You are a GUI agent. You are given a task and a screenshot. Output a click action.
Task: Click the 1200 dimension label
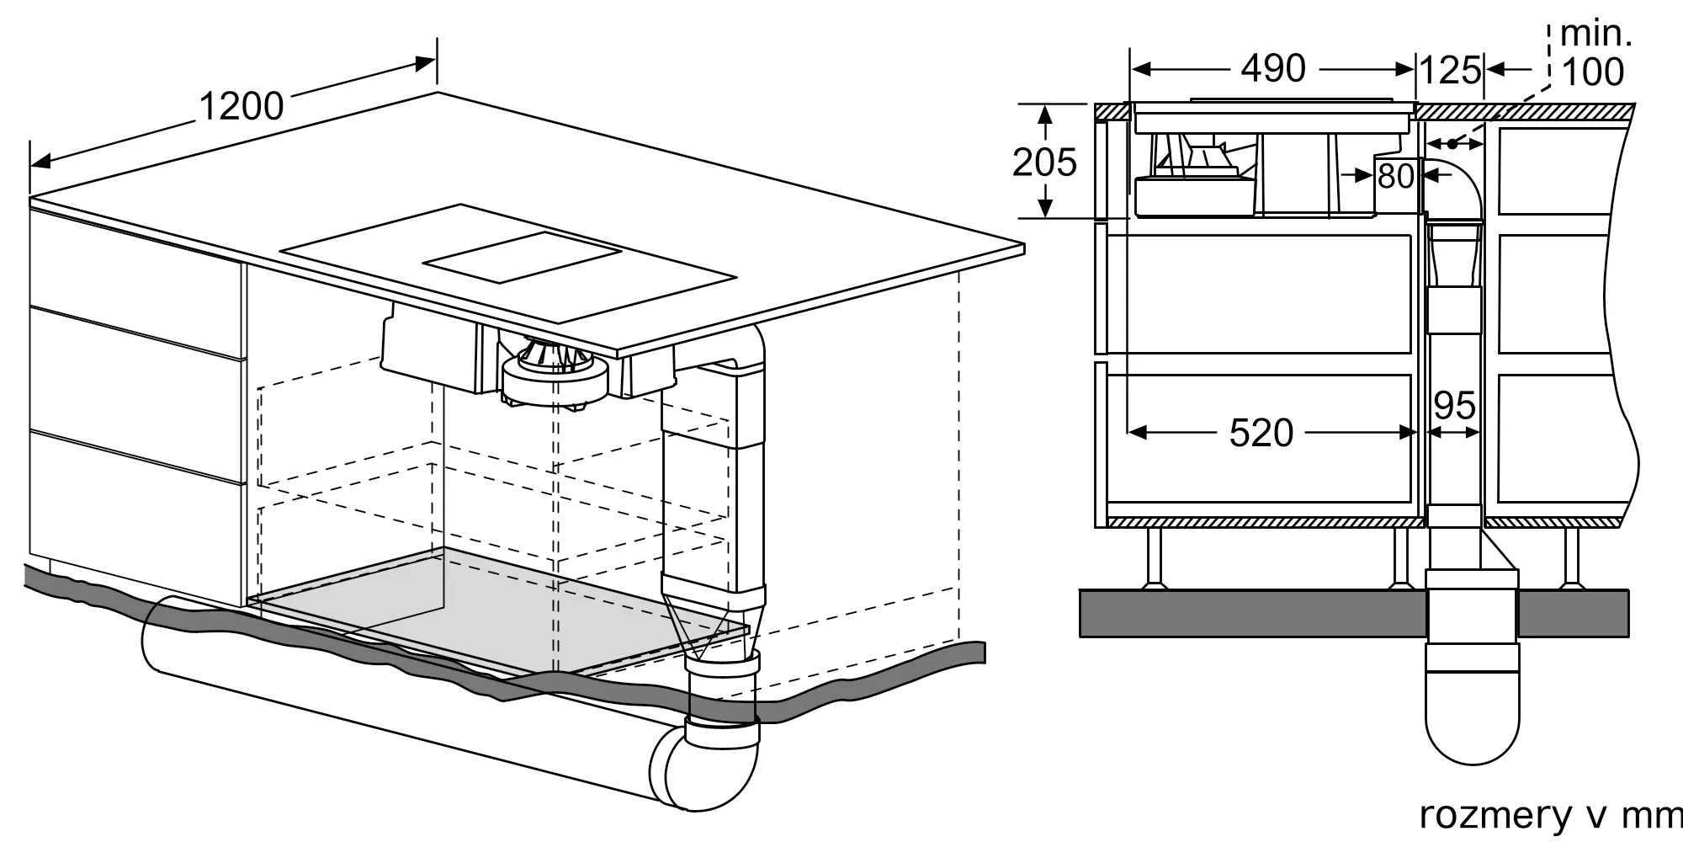pos(242,107)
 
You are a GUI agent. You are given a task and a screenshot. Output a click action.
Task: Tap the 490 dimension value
pos(1273,68)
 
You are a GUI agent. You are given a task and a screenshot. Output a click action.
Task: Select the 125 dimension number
pos(1451,71)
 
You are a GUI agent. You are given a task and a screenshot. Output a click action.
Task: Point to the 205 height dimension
pos(1044,163)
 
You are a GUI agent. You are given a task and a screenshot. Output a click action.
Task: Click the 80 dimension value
pos(1396,177)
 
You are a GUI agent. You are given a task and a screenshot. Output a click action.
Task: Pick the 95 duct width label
pos(1454,407)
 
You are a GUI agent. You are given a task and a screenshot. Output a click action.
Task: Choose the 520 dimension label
pos(1261,433)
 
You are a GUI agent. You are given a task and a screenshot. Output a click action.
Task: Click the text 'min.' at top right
pos(1595,34)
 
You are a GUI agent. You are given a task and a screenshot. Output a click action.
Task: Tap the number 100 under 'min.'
pos(1592,72)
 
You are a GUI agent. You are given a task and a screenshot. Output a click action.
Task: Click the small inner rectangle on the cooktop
pos(522,256)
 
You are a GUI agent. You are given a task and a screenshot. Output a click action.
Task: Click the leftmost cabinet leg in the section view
pos(1153,557)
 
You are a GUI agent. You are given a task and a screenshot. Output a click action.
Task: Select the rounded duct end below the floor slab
pos(1473,724)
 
